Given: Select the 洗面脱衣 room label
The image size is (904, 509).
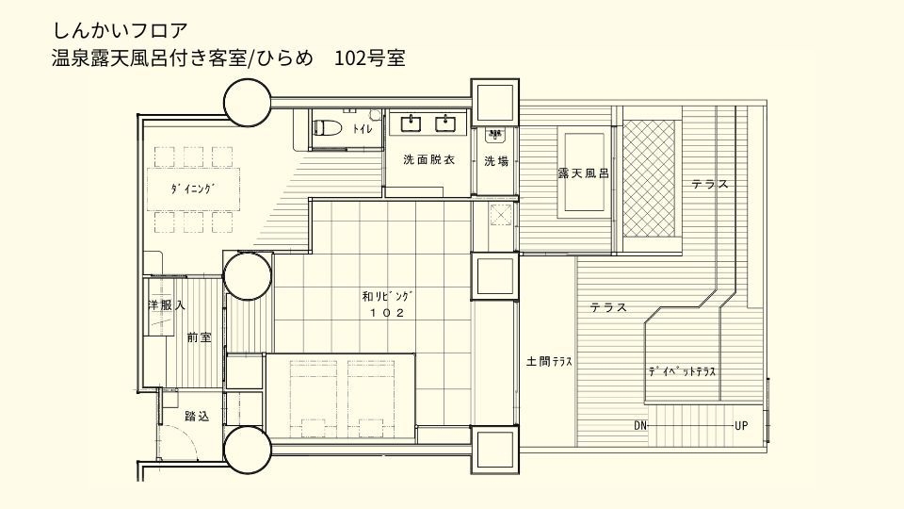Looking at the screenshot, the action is (x=429, y=160).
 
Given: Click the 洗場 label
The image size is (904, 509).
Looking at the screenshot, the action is (x=496, y=161).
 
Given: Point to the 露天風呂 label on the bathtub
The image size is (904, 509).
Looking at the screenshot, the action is (x=583, y=172).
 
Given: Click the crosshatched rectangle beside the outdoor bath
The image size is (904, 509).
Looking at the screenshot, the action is (x=649, y=178).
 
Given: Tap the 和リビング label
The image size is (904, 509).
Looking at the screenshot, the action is (x=387, y=297).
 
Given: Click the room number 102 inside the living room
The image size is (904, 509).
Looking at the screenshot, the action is (x=387, y=313).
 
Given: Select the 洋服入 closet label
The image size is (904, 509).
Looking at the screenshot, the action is (x=166, y=305).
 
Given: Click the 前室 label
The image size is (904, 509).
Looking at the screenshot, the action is (x=199, y=337).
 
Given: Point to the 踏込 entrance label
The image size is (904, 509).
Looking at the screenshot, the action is (x=197, y=416).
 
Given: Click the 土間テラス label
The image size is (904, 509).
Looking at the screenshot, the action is (x=549, y=362).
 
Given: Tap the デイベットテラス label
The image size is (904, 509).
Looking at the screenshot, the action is (x=682, y=371).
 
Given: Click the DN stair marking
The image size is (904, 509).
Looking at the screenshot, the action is (x=640, y=426).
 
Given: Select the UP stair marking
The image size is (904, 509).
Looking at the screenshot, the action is (x=741, y=426).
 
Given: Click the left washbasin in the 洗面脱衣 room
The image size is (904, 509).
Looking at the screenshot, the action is (x=411, y=123).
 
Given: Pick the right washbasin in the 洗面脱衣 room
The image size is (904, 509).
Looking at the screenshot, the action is (x=445, y=123).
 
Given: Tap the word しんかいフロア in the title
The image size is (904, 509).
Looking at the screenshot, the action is (x=121, y=30).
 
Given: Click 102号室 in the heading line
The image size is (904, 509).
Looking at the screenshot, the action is (x=370, y=58).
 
